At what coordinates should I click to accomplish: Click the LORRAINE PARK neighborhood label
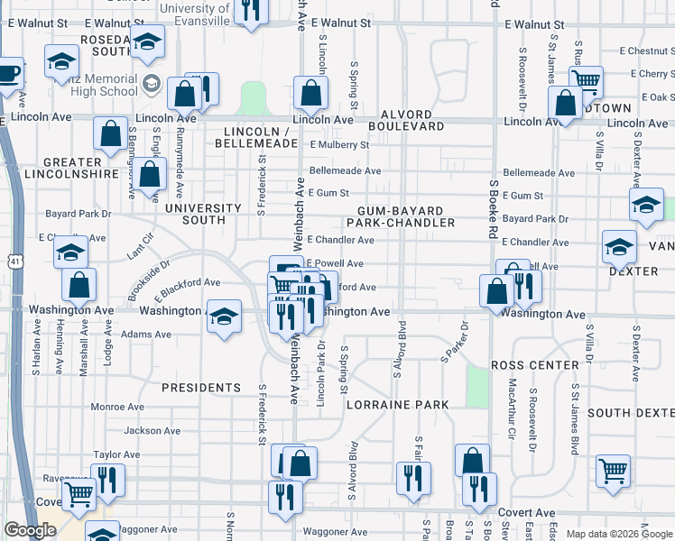point(398,406)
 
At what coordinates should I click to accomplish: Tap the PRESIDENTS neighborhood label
point(201,388)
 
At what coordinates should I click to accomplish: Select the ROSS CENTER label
point(534,365)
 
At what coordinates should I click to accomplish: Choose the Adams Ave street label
point(146,334)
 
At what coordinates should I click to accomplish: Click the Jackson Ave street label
point(147,431)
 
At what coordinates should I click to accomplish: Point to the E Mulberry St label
point(339,144)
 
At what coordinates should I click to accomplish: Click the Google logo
point(30,530)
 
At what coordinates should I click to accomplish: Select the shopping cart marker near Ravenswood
point(79,493)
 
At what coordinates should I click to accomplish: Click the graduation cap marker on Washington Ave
point(225,316)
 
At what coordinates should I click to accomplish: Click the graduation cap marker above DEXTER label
point(619,246)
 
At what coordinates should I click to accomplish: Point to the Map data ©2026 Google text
point(618,534)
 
